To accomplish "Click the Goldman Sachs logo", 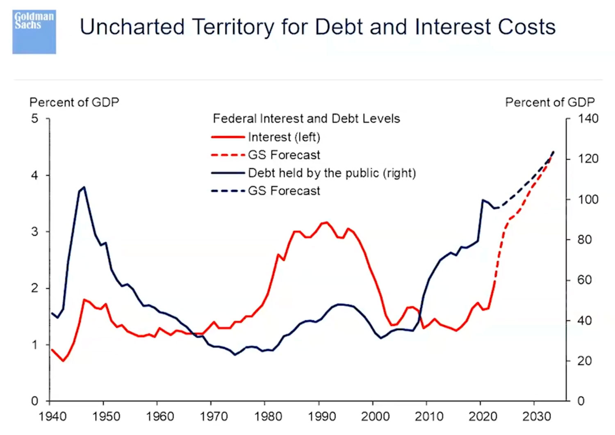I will pos(34,32).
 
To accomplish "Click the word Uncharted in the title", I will pos(132,27).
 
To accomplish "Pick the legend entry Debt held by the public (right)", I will pos(332,173).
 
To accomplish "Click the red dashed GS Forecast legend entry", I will pos(284,155).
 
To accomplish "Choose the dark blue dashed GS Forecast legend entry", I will pos(284,191).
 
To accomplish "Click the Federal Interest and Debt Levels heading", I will pos(306,119).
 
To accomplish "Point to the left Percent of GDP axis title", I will pos(74,102).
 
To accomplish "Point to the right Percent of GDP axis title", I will pos(549,102).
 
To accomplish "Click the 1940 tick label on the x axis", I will pos(52,417).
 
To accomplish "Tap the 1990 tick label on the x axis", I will pos(322,417).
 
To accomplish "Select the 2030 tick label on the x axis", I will pos(536,417).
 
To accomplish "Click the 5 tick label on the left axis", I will pos(34,119).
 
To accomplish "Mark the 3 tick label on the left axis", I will pos(34,232).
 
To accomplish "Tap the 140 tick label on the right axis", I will pos(588,119).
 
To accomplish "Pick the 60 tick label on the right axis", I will pos(584,280).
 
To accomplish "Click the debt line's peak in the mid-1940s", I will pos(84,187).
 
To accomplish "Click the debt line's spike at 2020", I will pos(483,200).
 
